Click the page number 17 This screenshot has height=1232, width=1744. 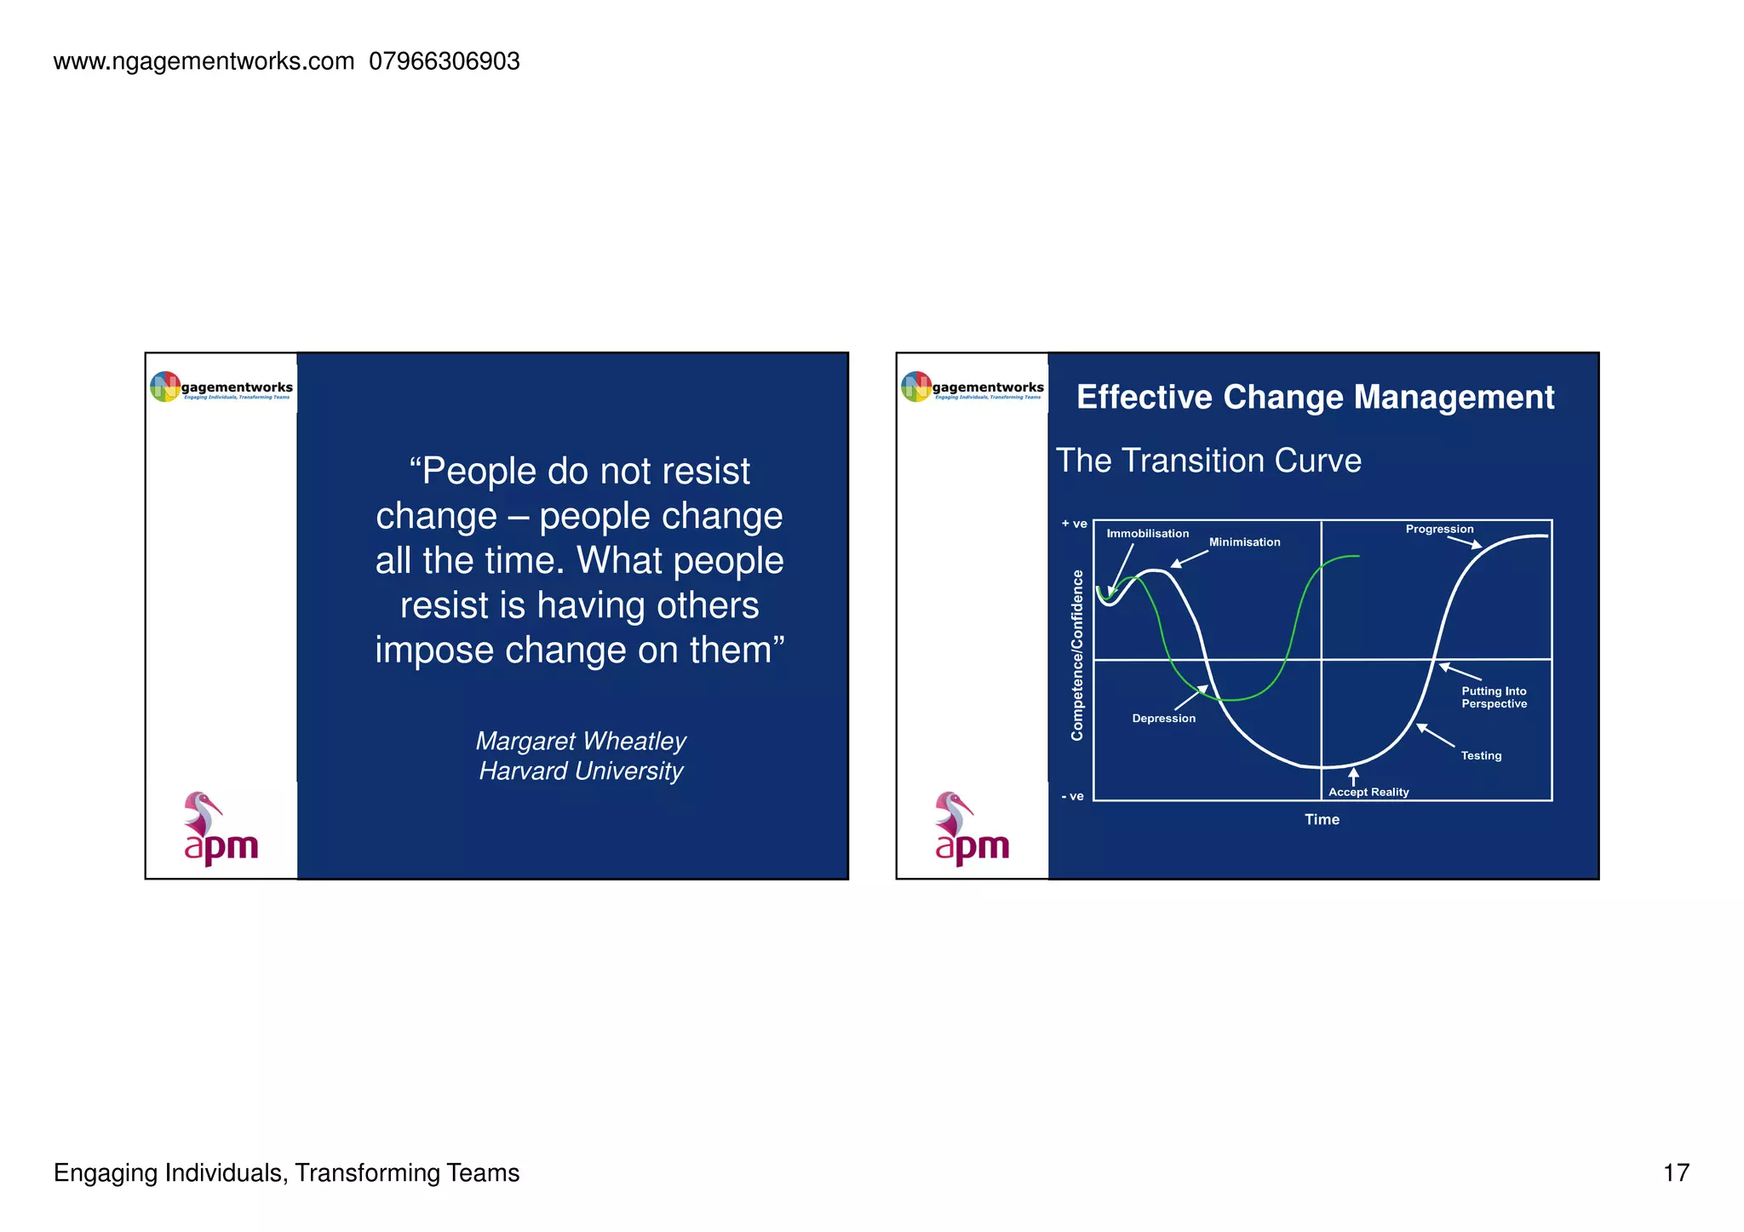[x=1675, y=1172]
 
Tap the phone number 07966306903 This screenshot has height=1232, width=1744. [x=445, y=61]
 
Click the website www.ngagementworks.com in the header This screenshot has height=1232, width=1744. [x=204, y=61]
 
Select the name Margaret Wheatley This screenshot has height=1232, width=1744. [x=581, y=741]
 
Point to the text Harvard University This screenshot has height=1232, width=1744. [x=581, y=771]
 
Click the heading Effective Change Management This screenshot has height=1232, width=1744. [x=1315, y=398]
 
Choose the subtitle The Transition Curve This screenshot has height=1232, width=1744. [x=1208, y=461]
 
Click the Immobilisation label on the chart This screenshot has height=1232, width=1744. [x=1147, y=534]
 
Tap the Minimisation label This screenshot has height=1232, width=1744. [x=1244, y=542]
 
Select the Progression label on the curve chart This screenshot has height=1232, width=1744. [x=1439, y=529]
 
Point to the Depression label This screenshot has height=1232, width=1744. [x=1163, y=719]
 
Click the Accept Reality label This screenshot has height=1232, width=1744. [x=1368, y=792]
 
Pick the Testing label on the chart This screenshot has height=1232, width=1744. [x=1481, y=755]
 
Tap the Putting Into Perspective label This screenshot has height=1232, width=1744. [x=1494, y=697]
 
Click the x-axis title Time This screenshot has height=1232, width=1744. [x=1322, y=819]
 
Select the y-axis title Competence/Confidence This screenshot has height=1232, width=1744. [x=1077, y=655]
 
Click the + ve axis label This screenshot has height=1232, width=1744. [x=1074, y=524]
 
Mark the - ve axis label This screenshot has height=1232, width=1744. [x=1072, y=796]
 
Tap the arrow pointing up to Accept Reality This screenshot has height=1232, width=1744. [x=1353, y=776]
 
